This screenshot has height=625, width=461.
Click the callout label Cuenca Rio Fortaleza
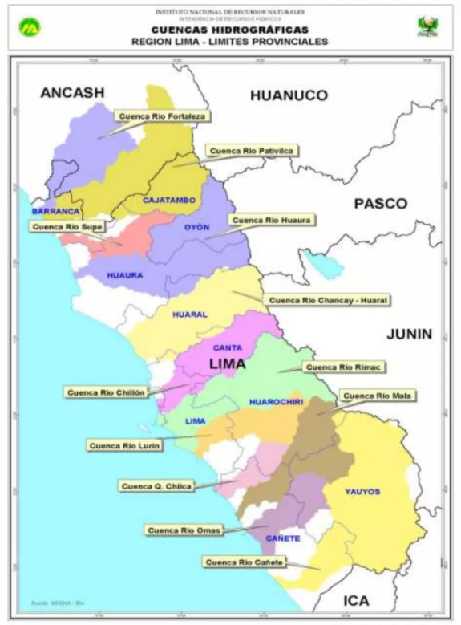(x=163, y=116)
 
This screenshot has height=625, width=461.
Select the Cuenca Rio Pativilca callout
(x=252, y=150)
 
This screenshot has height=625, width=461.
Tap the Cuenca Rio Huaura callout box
(x=273, y=219)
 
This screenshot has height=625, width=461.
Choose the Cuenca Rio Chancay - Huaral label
(x=328, y=300)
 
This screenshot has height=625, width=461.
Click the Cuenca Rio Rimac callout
(x=346, y=367)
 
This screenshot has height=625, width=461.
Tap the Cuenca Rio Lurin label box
(x=126, y=445)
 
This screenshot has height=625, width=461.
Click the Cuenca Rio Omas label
(x=184, y=530)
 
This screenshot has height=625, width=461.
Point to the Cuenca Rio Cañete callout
(x=245, y=562)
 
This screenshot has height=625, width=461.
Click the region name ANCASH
(x=72, y=93)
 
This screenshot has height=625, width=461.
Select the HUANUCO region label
(x=289, y=95)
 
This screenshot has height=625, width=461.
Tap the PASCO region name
(x=380, y=204)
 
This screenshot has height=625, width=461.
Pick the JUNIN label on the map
(x=409, y=334)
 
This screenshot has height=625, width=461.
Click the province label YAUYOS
(x=362, y=491)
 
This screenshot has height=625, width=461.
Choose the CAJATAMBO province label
(x=169, y=200)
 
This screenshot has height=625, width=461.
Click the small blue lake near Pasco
(x=321, y=262)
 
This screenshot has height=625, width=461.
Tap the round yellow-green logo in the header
(x=30, y=26)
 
